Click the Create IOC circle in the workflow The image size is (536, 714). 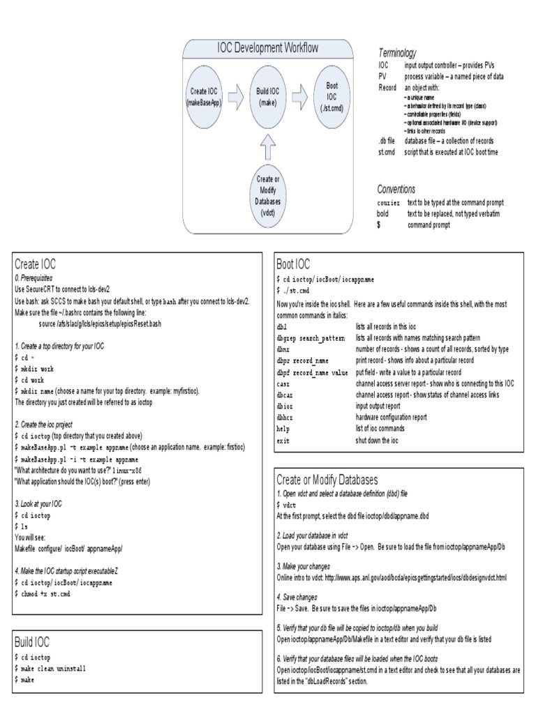(204, 97)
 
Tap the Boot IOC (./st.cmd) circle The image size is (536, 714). (332, 97)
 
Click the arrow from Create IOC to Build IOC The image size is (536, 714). (236, 97)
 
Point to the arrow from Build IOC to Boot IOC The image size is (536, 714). (300, 97)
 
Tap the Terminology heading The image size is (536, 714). (397, 53)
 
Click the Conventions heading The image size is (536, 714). (396, 189)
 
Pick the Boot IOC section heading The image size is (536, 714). (293, 264)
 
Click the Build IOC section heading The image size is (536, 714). (32, 641)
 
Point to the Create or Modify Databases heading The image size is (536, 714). (327, 480)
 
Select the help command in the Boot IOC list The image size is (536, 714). (283, 429)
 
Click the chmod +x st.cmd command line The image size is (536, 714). (43, 593)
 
